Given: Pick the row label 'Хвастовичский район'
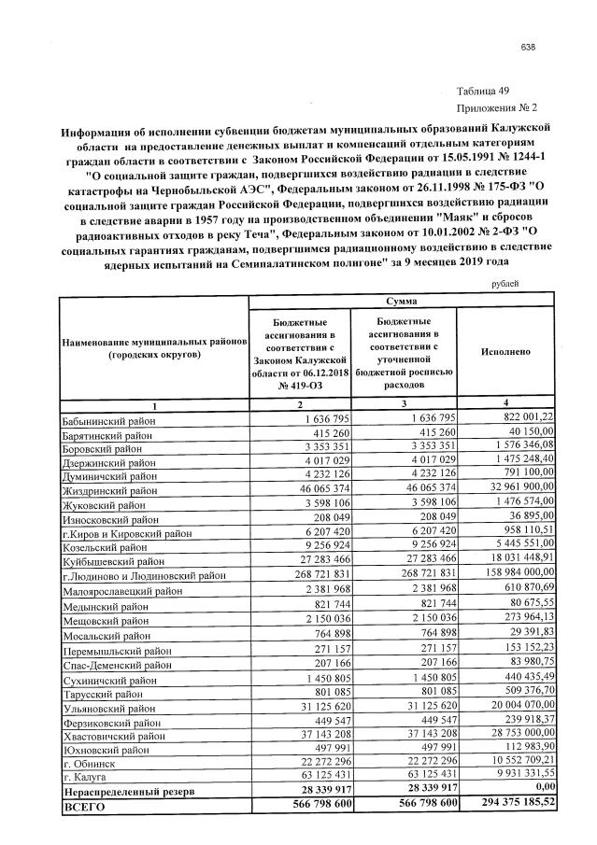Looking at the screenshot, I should pos(112,736).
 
